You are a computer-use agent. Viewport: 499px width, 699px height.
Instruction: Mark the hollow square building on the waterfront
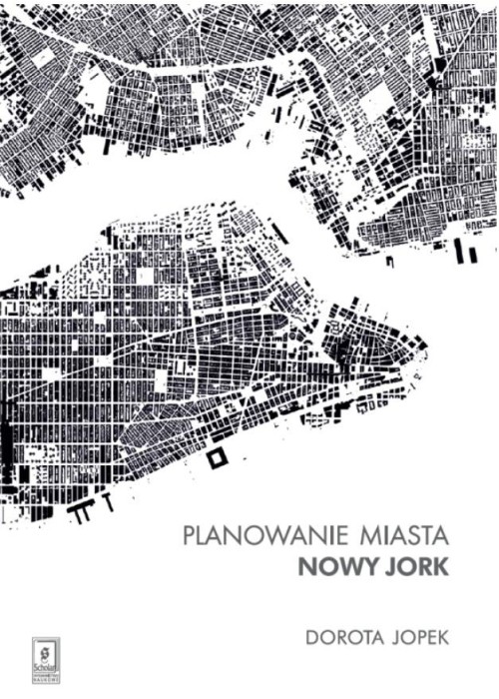[x=215, y=458]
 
